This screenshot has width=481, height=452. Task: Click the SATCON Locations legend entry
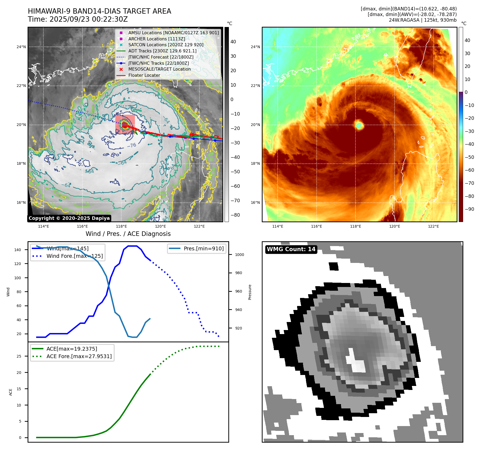click(166, 45)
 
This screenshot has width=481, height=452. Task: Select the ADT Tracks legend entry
click(162, 51)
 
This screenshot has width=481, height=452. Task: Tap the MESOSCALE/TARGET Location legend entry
click(160, 69)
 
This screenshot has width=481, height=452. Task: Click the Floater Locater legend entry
click(144, 75)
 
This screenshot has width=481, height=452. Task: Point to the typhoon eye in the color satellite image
click(359, 125)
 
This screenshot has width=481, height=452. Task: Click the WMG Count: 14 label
click(291, 249)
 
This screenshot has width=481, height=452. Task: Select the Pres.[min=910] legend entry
click(203, 248)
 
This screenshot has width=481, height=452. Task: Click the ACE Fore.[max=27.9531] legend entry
click(79, 356)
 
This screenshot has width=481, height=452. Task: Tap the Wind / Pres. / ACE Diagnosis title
click(128, 234)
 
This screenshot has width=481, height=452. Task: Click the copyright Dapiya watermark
click(69, 218)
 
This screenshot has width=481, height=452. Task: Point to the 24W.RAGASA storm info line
click(423, 20)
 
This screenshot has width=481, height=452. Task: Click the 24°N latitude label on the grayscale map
click(21, 47)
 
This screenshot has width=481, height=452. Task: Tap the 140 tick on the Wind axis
click(18, 250)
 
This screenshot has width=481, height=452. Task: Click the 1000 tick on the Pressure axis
click(239, 255)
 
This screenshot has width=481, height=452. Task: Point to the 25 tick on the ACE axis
click(19, 356)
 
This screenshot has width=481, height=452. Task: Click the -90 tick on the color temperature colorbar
click(469, 209)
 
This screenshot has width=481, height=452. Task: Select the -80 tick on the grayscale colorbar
click(235, 215)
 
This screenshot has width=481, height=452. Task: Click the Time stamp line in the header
click(78, 19)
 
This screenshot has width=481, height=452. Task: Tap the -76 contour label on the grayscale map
click(131, 145)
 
